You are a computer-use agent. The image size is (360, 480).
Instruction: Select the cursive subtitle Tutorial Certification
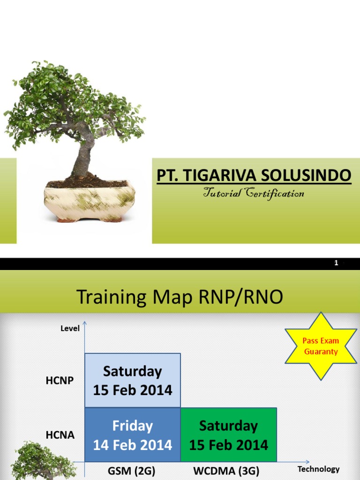coord(254,194)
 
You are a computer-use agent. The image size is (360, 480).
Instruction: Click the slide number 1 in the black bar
coord(336,263)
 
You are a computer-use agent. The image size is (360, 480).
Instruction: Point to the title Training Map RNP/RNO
coord(180,297)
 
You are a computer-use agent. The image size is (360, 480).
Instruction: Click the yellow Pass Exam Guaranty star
coord(321,346)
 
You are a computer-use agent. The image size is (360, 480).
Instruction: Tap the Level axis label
coord(70,329)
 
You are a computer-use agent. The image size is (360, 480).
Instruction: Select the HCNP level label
coord(60,381)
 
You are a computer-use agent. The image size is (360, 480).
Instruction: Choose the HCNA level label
coord(60,435)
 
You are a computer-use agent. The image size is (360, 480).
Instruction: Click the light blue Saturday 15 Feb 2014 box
coord(133,381)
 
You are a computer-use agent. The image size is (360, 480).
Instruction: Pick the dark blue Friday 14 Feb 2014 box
coord(133,435)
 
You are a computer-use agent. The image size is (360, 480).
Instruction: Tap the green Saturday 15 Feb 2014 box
coord(229,435)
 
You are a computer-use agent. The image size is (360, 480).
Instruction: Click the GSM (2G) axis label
coord(132,471)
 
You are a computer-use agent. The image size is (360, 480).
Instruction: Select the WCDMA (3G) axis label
coord(226,471)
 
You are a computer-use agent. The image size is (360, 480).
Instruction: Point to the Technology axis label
coord(318,469)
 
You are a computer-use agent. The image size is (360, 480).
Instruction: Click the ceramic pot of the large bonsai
coord(90,201)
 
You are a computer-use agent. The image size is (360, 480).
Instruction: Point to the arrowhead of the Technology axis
coord(307,462)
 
